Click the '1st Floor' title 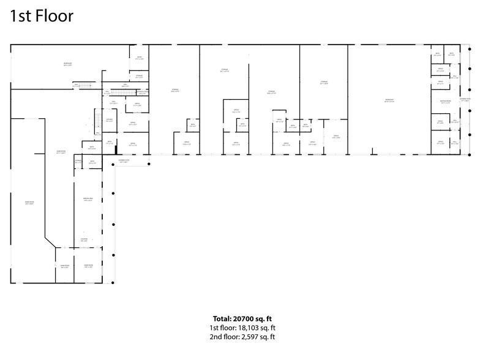click(42, 17)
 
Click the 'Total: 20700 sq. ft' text click(239, 318)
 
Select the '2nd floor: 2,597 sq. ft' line click(239, 337)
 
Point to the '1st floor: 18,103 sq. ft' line click(239, 328)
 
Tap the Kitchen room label click(109, 120)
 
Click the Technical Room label click(141, 92)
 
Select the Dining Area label click(88, 200)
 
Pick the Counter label click(84, 240)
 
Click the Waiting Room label click(444, 102)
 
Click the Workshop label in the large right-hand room click(389, 100)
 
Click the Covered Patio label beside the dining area click(124, 161)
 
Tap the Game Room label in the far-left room click(29, 203)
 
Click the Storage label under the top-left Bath click(140, 77)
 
